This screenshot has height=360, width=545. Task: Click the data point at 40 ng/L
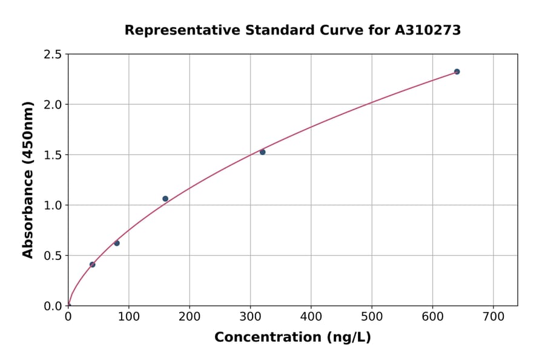(92, 264)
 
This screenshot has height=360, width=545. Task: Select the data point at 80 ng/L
(117, 243)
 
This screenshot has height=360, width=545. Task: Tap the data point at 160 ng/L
(165, 199)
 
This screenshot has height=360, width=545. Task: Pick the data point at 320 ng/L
(262, 152)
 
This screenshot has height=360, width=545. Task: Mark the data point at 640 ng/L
(457, 72)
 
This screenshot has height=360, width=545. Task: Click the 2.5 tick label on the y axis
(53, 55)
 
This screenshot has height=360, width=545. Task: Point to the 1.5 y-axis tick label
(53, 155)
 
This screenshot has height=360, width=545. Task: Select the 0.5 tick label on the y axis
(53, 256)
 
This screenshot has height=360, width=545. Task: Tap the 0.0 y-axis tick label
(53, 306)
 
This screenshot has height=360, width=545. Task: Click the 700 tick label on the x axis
(493, 316)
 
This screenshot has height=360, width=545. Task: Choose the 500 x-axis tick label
(372, 316)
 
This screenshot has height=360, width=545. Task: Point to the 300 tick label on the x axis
(250, 316)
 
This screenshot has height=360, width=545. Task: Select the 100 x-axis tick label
(129, 316)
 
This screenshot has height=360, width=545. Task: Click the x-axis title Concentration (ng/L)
(292, 338)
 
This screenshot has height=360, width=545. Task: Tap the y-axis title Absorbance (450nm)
(28, 179)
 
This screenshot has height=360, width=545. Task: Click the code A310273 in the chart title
(428, 30)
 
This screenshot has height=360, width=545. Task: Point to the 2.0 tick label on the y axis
(53, 105)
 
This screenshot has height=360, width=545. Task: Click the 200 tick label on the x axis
(190, 316)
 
